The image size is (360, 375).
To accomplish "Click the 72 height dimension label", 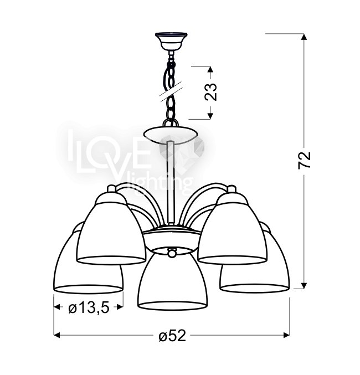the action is [304, 160].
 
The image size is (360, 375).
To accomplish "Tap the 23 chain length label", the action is [210, 91].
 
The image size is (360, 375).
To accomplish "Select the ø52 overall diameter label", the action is [172, 335].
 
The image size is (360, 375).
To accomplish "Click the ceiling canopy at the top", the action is [171, 41].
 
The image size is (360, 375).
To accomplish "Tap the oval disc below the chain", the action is [171, 136].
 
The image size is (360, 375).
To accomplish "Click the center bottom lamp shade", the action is [172, 279].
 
